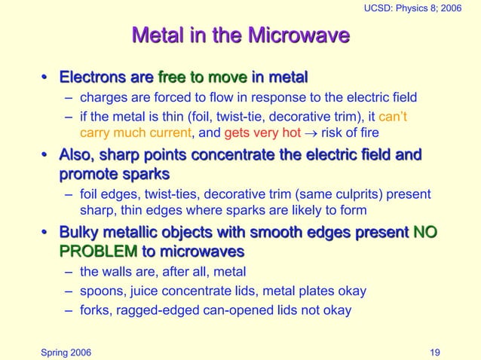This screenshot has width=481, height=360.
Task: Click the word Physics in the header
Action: tap(417, 8)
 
